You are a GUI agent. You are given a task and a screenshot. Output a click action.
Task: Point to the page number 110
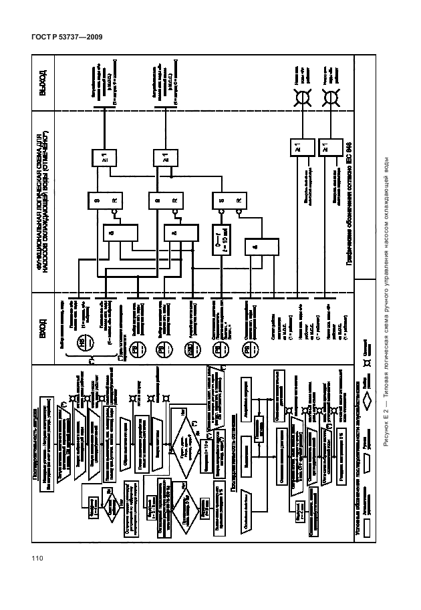click(35, 559)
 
